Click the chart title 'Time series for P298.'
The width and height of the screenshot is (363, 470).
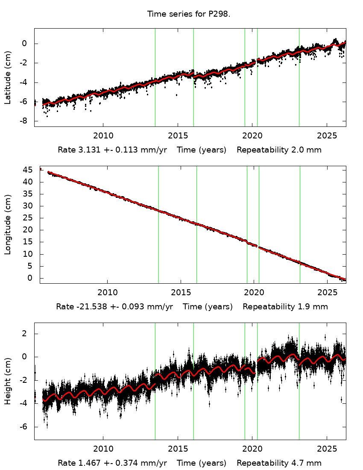point(189,14)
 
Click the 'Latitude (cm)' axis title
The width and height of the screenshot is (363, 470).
point(8,77)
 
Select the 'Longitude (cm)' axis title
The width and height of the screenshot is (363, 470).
point(8,225)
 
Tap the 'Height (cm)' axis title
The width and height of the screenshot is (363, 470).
point(8,381)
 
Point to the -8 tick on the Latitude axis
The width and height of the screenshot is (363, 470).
point(25,121)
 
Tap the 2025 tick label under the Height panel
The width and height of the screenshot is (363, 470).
point(327,449)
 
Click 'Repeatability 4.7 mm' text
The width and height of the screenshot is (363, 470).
point(279,463)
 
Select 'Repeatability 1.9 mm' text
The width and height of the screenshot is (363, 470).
point(285,307)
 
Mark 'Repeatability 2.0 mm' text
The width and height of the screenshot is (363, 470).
point(279,150)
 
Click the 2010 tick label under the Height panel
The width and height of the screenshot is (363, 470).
point(103,449)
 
